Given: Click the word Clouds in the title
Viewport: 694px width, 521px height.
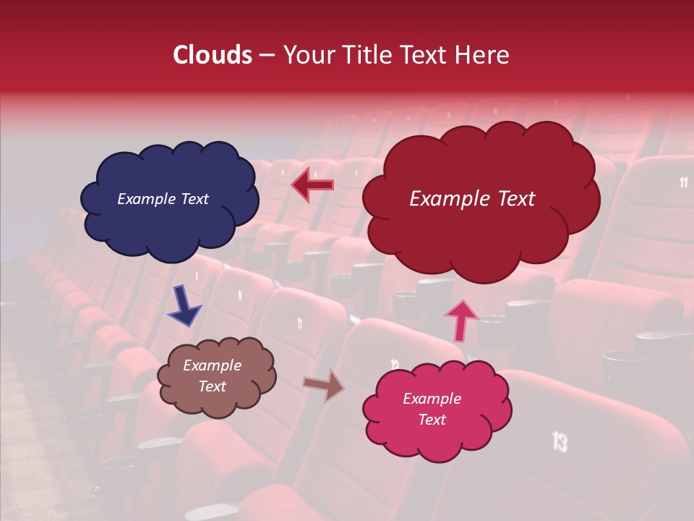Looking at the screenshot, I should (x=213, y=55).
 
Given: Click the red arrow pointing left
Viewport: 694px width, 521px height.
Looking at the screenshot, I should (x=312, y=185).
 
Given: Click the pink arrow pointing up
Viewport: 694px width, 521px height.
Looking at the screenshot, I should (x=460, y=321).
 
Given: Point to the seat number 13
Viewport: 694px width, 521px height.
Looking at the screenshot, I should (x=560, y=441).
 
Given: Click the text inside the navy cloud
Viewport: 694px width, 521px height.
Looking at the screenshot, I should (x=163, y=199).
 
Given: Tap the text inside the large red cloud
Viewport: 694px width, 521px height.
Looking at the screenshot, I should (x=472, y=199).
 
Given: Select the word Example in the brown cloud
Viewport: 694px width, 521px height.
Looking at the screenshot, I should (x=212, y=365).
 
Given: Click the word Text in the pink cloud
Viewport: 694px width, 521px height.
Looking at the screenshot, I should (x=432, y=420).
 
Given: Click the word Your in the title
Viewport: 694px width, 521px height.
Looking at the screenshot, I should (x=304, y=55).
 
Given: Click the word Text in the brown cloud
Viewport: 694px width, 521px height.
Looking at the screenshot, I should (x=212, y=386).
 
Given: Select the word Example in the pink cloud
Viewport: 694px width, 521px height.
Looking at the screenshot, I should (x=432, y=399).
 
